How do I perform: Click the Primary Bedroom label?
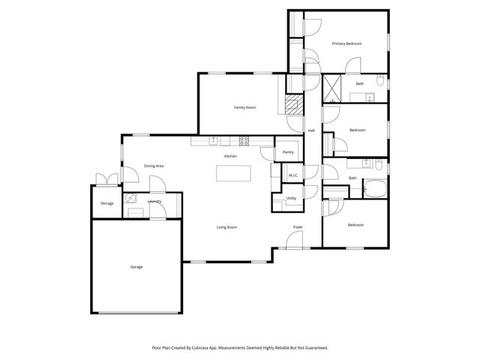coord(347,44)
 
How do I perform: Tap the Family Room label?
coord(245,108)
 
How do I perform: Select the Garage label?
coord(136,267)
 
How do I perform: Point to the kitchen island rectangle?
coord(232,173)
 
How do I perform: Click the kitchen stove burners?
coord(244,140)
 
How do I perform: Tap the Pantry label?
coord(287,152)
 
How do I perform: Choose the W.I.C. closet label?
coord(294,175)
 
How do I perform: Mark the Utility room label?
coord(291,198)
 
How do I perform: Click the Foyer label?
coord(298,226)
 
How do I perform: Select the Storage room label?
coord(107,203)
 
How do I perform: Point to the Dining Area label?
coord(154,166)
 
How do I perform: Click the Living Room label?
coord(227,226)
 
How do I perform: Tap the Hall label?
coord(310,130)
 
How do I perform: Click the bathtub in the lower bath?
coord(373,187)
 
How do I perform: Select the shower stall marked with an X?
coord(333,88)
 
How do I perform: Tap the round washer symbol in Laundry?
coord(130,198)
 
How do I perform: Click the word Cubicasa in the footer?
coord(212,348)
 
